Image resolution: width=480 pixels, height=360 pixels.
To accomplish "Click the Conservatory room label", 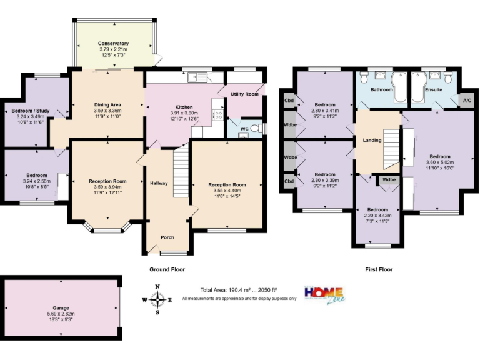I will point(113,44).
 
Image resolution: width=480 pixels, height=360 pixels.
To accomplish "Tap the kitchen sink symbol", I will point(198,78).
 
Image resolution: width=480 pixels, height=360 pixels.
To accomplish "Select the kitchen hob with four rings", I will point(218,114).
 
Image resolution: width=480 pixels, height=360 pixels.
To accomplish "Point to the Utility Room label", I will point(244,94).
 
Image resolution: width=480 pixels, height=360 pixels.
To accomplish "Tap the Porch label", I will point(167,237).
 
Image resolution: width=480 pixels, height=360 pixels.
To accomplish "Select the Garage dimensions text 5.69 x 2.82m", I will point(61,314).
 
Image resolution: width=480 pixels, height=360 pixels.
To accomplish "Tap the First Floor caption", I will point(379,269).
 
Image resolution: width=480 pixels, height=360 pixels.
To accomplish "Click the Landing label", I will point(372,140).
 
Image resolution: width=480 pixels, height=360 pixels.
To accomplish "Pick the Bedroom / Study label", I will point(29,111).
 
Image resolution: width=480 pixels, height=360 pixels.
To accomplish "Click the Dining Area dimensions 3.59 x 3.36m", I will point(107,111).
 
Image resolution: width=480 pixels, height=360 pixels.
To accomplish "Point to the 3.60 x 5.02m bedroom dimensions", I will point(438,162).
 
